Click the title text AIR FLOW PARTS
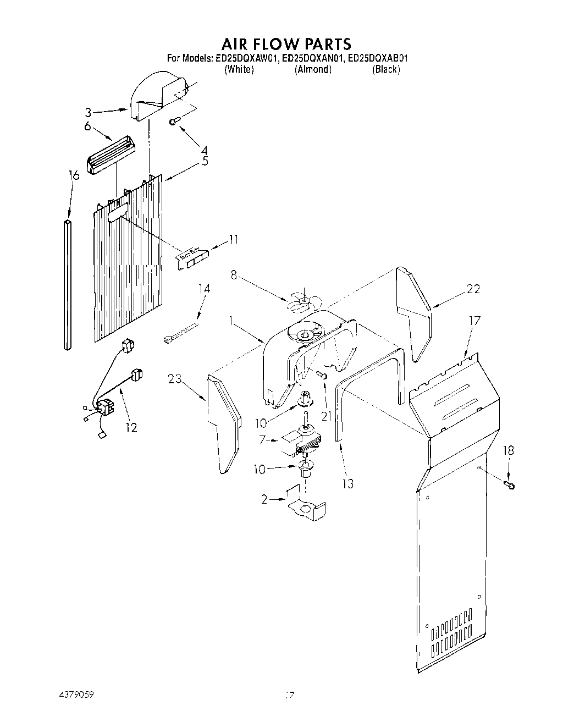click(286, 43)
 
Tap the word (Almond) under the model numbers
click(313, 69)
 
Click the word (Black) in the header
click(385, 69)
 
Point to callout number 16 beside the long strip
click(74, 175)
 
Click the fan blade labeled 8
click(301, 300)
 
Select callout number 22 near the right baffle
click(473, 289)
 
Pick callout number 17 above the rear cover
click(474, 320)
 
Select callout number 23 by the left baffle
click(175, 378)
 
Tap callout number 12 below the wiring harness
click(131, 427)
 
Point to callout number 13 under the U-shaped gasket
click(347, 483)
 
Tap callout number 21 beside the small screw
click(328, 416)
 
